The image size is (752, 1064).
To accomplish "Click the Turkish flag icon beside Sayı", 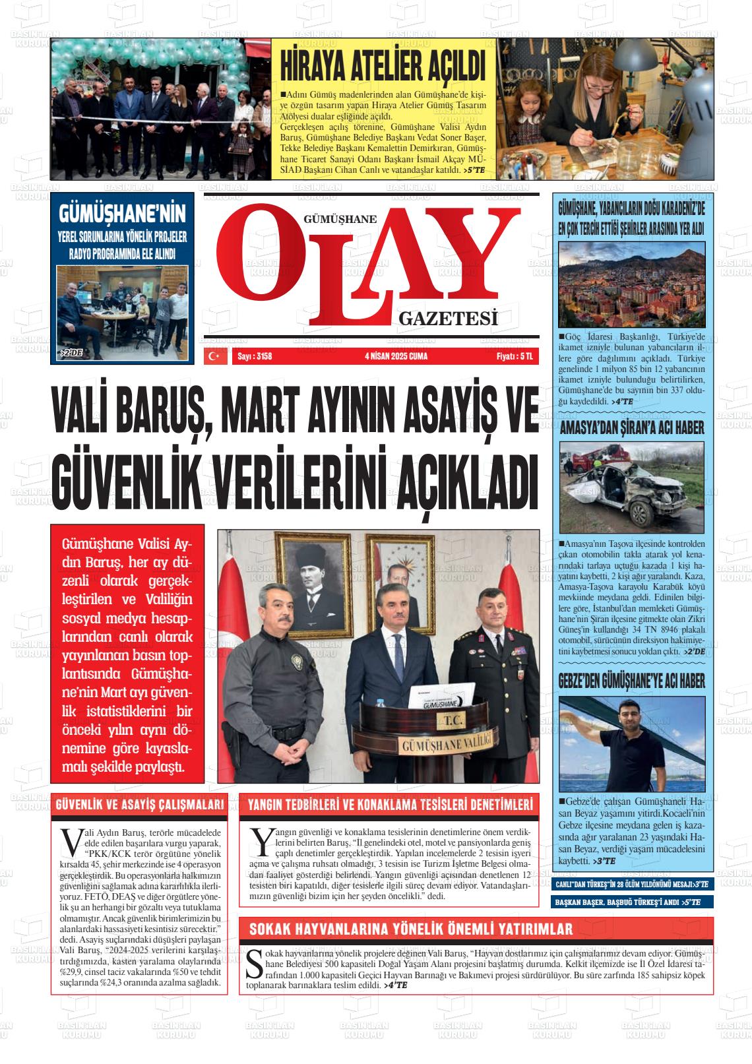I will pyautogui.click(x=214, y=356).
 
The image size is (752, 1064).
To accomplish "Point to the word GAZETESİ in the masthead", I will pyautogui.click(x=447, y=319).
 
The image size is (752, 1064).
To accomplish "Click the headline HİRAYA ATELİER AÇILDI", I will pyautogui.click(x=383, y=68).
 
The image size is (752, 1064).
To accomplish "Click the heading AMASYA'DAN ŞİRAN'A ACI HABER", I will pyautogui.click(x=632, y=427).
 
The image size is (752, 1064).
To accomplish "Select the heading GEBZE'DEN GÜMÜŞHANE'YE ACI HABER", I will pyautogui.click(x=632, y=681).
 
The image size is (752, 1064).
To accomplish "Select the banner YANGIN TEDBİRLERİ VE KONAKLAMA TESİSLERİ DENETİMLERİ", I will pyautogui.click(x=389, y=805).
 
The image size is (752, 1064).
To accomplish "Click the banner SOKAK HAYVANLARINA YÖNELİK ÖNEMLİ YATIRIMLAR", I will pyautogui.click(x=410, y=929).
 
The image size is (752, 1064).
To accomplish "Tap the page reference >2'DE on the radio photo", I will pyautogui.click(x=71, y=353).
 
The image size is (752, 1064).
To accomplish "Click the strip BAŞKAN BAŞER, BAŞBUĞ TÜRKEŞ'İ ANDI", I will pyautogui.click(x=627, y=902).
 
